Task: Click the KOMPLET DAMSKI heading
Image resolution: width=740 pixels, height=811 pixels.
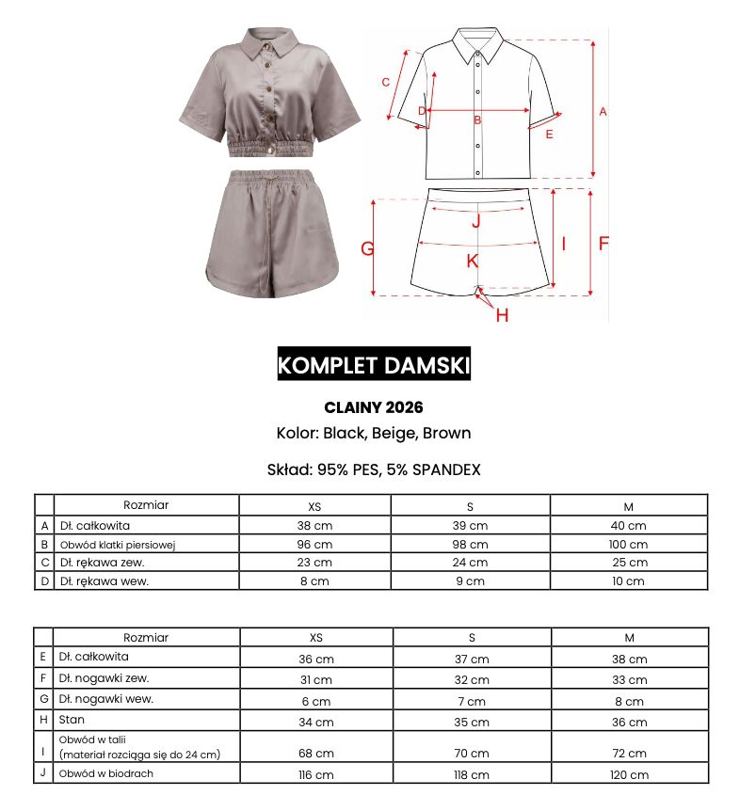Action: tap(374, 365)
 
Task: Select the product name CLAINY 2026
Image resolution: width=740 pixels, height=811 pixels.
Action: tap(374, 407)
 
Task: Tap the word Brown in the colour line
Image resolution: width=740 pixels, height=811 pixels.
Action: tap(446, 434)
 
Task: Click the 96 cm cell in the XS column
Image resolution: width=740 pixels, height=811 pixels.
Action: tap(315, 544)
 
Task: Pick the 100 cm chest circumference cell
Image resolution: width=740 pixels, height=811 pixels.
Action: tap(628, 544)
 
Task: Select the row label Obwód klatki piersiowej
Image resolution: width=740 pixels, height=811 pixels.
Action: tap(119, 544)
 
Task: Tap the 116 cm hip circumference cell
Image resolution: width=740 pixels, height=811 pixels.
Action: tap(315, 774)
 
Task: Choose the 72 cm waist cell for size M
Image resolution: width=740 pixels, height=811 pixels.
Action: tap(628, 753)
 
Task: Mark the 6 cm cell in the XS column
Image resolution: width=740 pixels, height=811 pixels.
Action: tap(315, 701)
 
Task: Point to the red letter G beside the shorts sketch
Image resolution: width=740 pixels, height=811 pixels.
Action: tap(368, 248)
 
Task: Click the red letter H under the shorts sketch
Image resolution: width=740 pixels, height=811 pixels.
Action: tap(502, 315)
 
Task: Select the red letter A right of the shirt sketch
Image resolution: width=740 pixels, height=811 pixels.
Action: tap(603, 111)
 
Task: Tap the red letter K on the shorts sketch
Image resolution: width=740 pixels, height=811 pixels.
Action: tap(473, 261)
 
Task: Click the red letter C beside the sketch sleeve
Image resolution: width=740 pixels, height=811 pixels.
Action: tap(386, 82)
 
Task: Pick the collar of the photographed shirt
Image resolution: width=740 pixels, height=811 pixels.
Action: tap(269, 41)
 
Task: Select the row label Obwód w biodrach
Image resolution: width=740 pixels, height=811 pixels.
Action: tap(105, 773)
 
